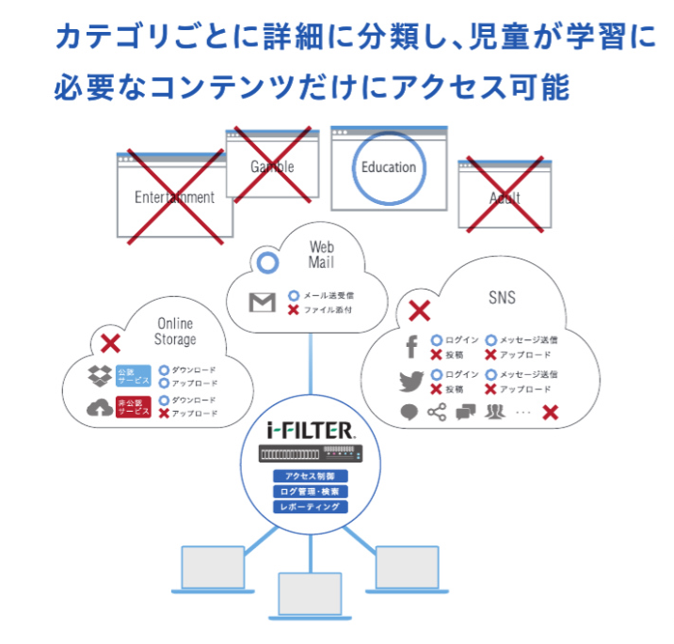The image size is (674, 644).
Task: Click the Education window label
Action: click(x=388, y=167)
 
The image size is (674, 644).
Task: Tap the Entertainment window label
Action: click(x=174, y=197)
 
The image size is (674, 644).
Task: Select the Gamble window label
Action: click(x=272, y=166)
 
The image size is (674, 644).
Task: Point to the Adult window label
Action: click(x=505, y=198)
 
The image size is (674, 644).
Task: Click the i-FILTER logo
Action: click(x=310, y=432)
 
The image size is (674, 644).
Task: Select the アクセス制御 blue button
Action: click(x=310, y=477)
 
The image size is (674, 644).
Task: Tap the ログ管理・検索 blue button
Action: click(x=310, y=492)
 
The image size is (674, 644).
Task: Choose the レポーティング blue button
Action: click(x=310, y=507)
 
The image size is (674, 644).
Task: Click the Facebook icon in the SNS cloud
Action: click(x=411, y=347)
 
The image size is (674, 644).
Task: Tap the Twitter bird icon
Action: click(x=410, y=382)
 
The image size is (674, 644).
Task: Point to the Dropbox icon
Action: click(x=99, y=376)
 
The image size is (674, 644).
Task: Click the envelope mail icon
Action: click(x=262, y=303)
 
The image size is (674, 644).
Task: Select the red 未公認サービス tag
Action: click(x=132, y=407)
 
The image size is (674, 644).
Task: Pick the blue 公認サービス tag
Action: click(x=132, y=376)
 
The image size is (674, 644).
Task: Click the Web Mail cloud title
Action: click(x=321, y=255)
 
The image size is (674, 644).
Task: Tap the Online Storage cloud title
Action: click(x=175, y=331)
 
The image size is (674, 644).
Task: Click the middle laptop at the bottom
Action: click(x=310, y=591)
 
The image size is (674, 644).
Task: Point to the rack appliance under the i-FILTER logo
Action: click(x=310, y=455)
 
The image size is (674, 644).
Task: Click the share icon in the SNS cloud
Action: click(x=436, y=412)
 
